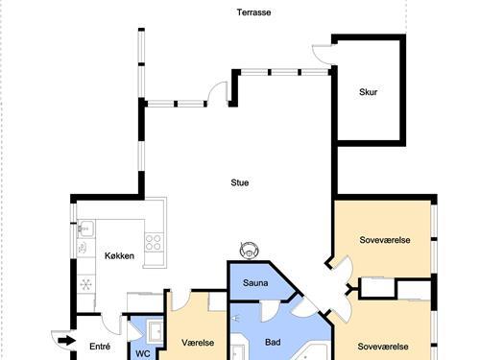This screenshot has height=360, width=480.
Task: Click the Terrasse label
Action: click(x=253, y=12)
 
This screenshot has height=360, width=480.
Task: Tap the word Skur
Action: click(x=368, y=92)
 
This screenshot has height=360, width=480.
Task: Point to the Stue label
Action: click(x=240, y=182)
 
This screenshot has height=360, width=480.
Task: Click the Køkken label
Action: click(x=119, y=256)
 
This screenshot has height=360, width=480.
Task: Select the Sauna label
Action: click(x=255, y=283)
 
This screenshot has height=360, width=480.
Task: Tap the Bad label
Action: click(x=273, y=343)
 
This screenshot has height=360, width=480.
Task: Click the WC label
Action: click(x=143, y=353)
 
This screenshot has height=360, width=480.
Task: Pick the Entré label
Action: click(x=100, y=347)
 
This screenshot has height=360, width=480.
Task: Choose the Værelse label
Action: click(x=198, y=343)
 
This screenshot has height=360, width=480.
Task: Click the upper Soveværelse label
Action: click(x=385, y=240)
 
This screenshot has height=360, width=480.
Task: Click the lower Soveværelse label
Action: click(x=383, y=347)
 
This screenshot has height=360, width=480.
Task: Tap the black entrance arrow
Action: click(x=67, y=341)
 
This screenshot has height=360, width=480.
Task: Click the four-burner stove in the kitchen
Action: click(x=154, y=242)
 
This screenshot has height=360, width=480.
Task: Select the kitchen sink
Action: click(x=85, y=228)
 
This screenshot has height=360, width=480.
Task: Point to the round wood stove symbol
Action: click(x=250, y=250)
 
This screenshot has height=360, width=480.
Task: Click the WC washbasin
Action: click(x=156, y=330)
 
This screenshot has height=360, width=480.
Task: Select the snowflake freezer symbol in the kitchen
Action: click(x=86, y=284)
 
